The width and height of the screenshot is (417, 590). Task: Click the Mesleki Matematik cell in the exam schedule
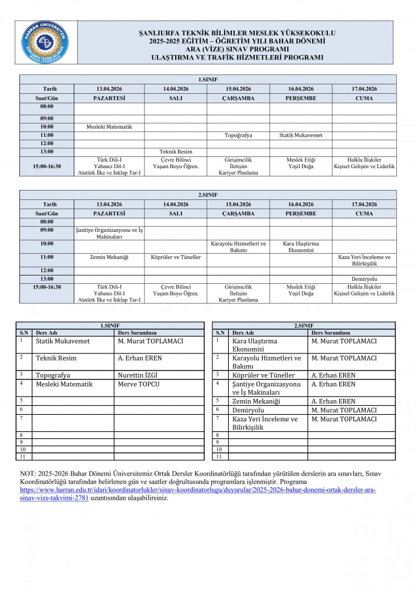pyautogui.click(x=109, y=127)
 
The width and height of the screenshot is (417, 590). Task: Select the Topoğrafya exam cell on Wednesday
pyautogui.click(x=238, y=135)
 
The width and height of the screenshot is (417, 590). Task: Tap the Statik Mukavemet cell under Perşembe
pyautogui.click(x=301, y=135)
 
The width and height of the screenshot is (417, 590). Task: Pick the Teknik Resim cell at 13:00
pyautogui.click(x=176, y=152)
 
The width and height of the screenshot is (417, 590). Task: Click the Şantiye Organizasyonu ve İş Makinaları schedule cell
pyautogui.click(x=109, y=233)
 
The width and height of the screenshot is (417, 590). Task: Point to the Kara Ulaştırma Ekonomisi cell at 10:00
pyautogui.click(x=301, y=247)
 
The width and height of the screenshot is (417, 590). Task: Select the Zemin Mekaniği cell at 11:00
pyautogui.click(x=109, y=257)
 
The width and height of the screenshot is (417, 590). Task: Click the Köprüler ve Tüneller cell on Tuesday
pyautogui.click(x=176, y=257)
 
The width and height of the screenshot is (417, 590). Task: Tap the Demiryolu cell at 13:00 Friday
pyautogui.click(x=364, y=278)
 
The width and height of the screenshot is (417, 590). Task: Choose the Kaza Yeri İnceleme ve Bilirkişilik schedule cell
pyautogui.click(x=364, y=261)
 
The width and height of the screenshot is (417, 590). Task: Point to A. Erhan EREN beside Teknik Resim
pyautogui.click(x=140, y=358)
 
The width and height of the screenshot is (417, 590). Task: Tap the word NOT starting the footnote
pyautogui.click(x=28, y=474)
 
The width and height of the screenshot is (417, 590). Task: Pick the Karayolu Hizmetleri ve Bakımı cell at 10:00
pyautogui.click(x=238, y=247)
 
